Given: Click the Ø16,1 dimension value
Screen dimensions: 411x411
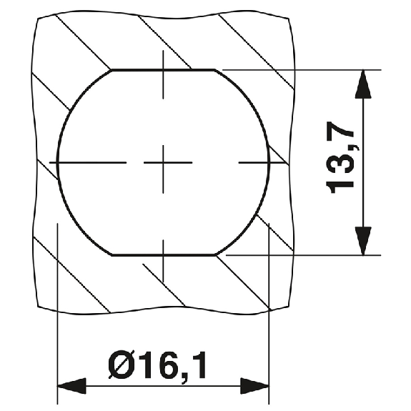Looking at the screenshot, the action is coord(157,367).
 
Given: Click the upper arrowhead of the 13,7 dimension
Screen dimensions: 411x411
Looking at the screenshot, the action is coord(363,84).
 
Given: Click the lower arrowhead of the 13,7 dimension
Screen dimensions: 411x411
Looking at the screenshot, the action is coord(363,241).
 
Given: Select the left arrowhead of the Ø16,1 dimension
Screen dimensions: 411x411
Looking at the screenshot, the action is coord(71,386).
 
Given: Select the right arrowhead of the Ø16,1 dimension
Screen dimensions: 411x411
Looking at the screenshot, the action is coord(254,386).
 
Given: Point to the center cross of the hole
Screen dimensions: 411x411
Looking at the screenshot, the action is coord(163,163).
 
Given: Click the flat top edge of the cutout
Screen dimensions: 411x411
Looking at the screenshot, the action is coord(163,70).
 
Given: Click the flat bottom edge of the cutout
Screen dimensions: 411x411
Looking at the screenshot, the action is coord(163,254).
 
